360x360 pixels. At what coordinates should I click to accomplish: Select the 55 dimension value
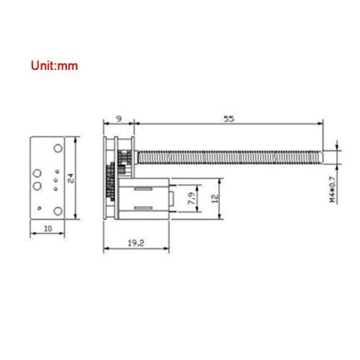228,119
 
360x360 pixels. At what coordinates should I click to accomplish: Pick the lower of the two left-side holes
37,186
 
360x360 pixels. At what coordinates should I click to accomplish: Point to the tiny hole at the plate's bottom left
40,210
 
